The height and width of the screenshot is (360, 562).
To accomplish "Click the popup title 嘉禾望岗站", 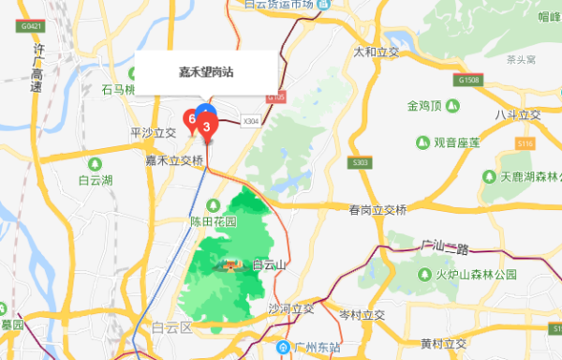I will (x=206, y=71).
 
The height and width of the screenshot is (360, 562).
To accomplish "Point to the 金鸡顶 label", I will (x=431, y=105).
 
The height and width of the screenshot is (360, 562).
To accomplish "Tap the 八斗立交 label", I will (x=518, y=114).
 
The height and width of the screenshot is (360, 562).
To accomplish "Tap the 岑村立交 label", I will (x=362, y=314).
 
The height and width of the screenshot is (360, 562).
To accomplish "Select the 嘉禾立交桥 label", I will (x=174, y=161).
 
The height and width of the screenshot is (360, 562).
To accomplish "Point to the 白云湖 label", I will (x=96, y=179).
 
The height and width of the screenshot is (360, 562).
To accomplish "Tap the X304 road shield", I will (x=251, y=120).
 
